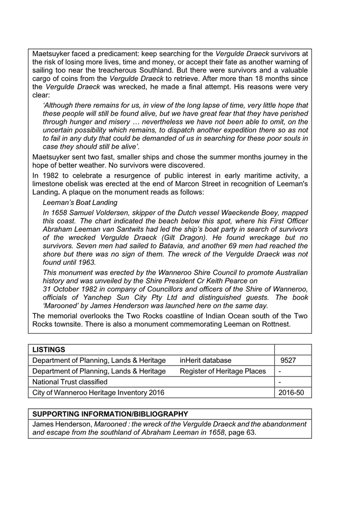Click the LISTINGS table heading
pos(49,350)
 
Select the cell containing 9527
pos(288,360)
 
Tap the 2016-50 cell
pos(292,392)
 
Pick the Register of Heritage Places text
pos(223,371)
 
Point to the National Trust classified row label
pos(70,381)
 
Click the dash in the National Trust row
pos(280,381)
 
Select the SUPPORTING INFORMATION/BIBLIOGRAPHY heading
pos(110,414)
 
